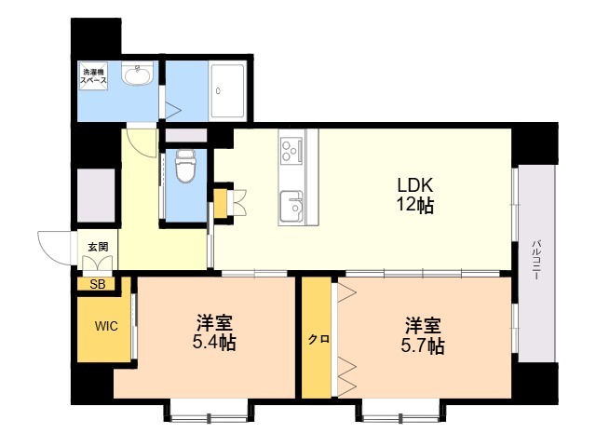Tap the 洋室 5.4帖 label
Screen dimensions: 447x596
(x=214, y=332)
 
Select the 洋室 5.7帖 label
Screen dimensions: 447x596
(x=422, y=336)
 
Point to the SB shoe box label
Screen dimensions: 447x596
(x=97, y=284)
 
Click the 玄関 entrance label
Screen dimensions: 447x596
(x=98, y=247)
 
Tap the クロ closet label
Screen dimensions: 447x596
(x=317, y=339)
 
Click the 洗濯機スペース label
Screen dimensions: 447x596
(x=95, y=76)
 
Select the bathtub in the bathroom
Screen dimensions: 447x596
(x=228, y=90)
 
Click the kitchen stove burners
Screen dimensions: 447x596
(x=291, y=148)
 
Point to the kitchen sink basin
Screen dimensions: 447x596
(x=291, y=205)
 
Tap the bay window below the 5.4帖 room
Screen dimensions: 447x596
(x=208, y=410)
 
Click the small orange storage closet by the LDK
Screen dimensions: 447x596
(x=221, y=203)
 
